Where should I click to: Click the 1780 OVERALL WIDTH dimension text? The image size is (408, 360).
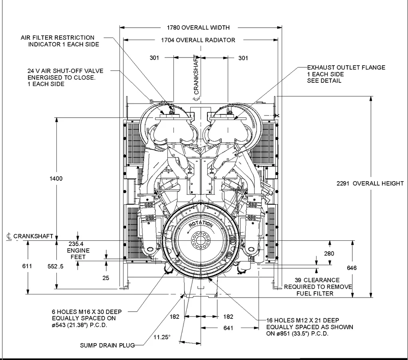click(198, 28)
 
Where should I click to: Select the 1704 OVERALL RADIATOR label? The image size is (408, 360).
click(198, 40)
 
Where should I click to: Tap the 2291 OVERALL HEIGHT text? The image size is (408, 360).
click(370, 183)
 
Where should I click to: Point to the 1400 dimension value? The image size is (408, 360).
click(56, 178)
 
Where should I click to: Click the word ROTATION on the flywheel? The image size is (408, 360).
click(201, 225)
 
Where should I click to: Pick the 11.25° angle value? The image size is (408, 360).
click(162, 337)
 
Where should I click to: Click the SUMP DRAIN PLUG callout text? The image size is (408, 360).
click(107, 345)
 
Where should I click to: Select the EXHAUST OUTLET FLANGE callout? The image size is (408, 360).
click(346, 74)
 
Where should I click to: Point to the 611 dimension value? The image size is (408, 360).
click(28, 266)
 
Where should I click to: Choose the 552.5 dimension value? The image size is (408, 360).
click(56, 266)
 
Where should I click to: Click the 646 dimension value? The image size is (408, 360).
click(352, 268)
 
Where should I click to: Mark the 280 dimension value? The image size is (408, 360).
click(329, 254)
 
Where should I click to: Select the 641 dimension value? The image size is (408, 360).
click(228, 328)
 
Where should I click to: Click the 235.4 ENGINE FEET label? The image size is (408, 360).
click(78, 250)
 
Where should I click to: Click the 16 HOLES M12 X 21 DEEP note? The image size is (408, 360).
click(310, 327)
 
